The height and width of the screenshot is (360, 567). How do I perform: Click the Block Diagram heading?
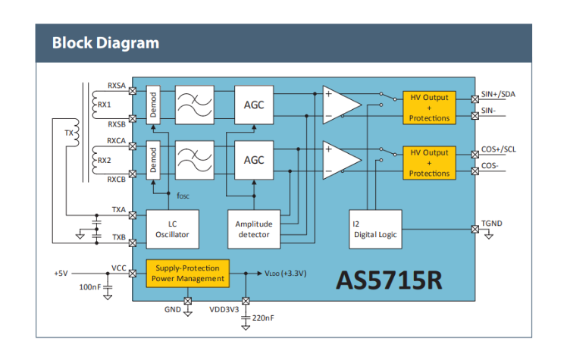click(x=105, y=42)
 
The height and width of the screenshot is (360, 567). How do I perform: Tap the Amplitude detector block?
click(x=253, y=229)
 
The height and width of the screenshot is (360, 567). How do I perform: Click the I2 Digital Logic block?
click(x=373, y=229)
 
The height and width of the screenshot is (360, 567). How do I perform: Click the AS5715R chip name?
click(x=389, y=279)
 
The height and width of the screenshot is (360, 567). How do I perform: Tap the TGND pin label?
click(x=491, y=224)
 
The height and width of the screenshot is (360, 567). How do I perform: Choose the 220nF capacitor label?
click(x=262, y=318)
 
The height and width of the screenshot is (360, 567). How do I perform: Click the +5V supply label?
click(x=62, y=273)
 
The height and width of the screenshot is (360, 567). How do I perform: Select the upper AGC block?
click(x=254, y=105)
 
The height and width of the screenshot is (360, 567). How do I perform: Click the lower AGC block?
click(x=254, y=160)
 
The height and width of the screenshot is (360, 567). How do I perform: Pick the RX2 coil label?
click(x=105, y=161)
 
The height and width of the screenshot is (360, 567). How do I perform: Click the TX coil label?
click(x=69, y=133)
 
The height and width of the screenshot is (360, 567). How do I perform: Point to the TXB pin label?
click(x=118, y=237)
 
